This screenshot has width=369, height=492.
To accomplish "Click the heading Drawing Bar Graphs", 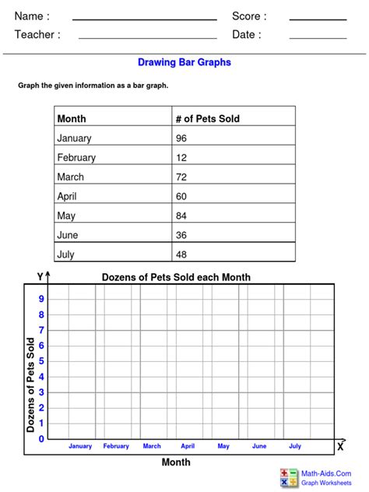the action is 184,61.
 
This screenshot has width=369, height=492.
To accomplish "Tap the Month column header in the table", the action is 72,119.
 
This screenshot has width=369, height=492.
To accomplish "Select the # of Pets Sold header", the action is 208,119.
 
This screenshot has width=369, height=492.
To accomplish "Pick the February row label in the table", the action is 76,157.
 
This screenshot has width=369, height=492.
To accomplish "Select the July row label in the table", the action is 66,253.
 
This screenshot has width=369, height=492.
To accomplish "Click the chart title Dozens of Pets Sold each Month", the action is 177,277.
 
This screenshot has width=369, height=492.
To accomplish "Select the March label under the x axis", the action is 152,446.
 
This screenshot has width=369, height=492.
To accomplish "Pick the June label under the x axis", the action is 259,446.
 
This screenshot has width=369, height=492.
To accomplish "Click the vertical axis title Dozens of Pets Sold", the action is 31,385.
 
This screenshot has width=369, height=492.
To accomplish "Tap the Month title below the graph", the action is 176,462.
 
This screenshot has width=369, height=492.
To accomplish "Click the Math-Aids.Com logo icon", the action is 289,477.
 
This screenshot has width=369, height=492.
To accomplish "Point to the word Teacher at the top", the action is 37,34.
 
